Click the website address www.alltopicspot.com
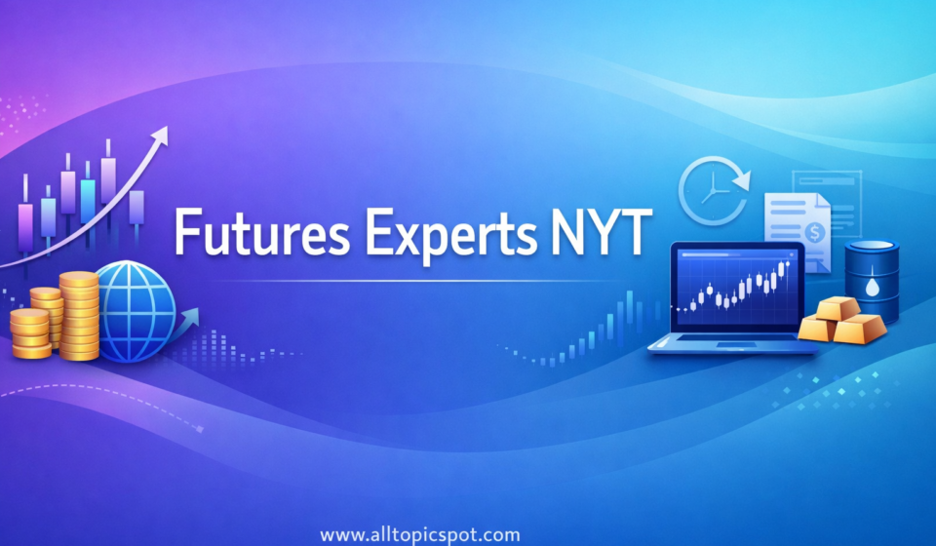(420, 534)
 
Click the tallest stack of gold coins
(79, 313)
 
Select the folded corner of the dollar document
(822, 200)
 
